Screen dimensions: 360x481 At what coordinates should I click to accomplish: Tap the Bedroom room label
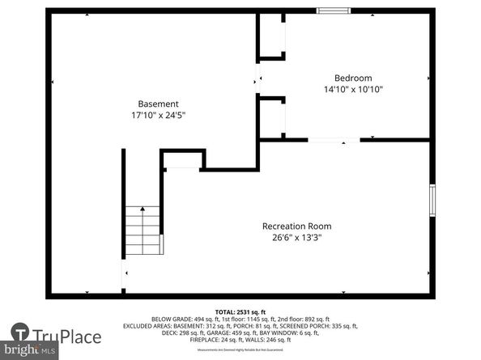[x=348, y=78]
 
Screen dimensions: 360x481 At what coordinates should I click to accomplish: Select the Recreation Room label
[x=296, y=226]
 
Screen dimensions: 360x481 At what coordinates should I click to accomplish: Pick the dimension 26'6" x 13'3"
[x=296, y=238]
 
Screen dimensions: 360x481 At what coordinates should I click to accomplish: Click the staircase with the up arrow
[x=143, y=230]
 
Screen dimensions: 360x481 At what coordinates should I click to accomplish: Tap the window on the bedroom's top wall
[x=333, y=11]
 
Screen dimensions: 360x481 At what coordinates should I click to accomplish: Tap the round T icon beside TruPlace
[x=20, y=333]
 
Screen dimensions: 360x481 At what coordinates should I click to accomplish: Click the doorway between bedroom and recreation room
[x=334, y=141]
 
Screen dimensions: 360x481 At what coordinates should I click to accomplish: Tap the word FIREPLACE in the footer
[x=206, y=340]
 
